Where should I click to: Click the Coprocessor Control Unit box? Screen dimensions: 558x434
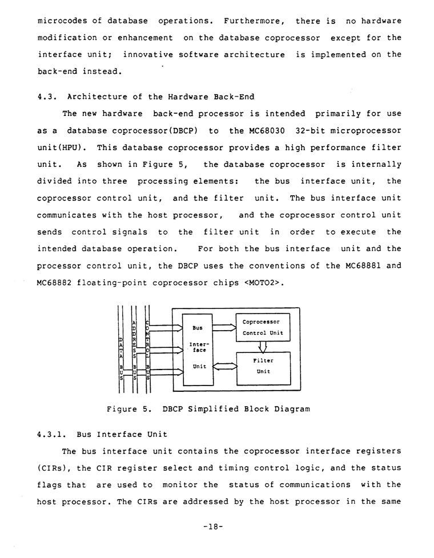click(x=262, y=327)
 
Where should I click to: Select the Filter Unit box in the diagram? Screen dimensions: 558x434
click(x=262, y=366)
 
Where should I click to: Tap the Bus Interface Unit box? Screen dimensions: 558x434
click(x=197, y=348)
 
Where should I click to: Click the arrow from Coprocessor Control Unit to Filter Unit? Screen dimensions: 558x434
click(x=263, y=347)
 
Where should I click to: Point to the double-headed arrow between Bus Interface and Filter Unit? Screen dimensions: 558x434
click(x=224, y=366)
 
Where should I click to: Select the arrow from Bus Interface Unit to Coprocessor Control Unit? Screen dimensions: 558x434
click(x=224, y=328)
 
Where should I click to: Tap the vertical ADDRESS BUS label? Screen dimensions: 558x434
click(x=134, y=351)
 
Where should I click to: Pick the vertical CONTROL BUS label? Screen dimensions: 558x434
click(x=147, y=351)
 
